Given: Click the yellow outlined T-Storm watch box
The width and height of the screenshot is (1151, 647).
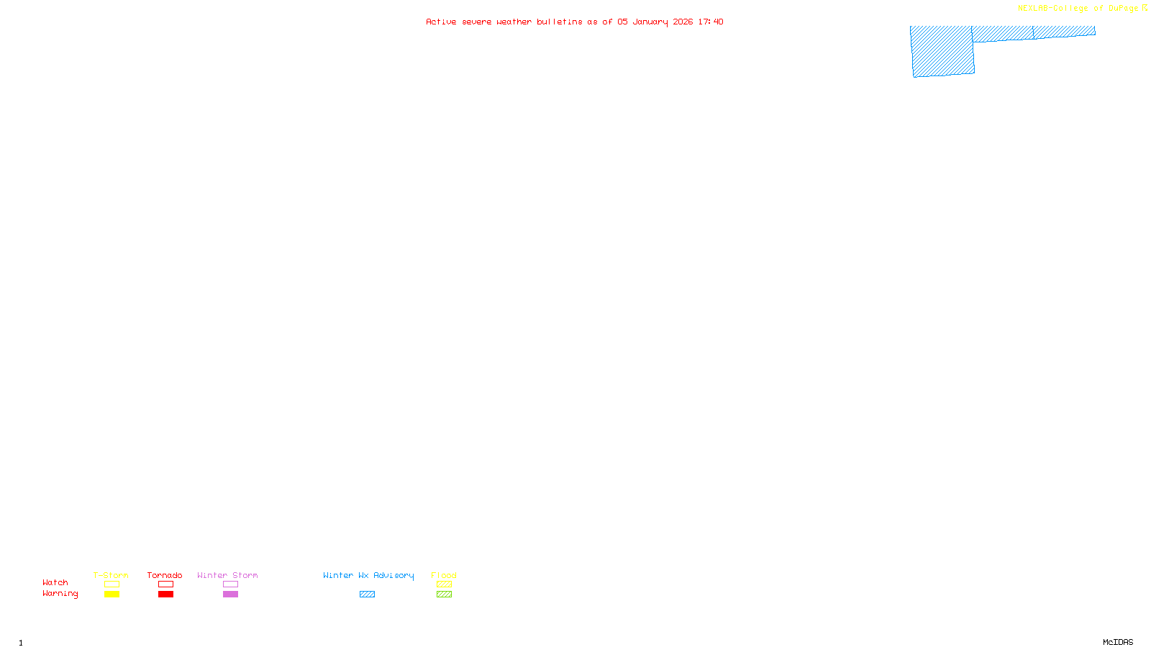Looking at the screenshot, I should click(x=112, y=584).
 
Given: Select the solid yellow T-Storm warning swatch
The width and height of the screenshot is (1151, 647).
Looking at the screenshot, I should click(x=112, y=595).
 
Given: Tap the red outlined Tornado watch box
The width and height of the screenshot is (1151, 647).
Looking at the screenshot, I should click(x=165, y=584).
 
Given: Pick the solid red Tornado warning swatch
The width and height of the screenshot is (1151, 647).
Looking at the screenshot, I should click(x=165, y=595).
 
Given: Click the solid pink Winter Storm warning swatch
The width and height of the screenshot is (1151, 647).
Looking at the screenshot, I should click(x=230, y=595).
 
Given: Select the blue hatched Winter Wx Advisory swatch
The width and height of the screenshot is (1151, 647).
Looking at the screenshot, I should click(x=367, y=595).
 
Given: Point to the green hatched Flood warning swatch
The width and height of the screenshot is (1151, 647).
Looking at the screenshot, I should click(x=444, y=595).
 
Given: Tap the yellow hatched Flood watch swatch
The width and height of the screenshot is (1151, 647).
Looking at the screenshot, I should click(x=444, y=584).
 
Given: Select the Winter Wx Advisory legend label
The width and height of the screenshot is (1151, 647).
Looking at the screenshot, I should click(x=368, y=575).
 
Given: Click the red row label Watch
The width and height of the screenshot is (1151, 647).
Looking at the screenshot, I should click(x=55, y=582).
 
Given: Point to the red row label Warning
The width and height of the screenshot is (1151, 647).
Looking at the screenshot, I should click(x=60, y=594).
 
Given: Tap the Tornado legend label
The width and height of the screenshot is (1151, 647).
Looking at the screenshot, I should click(x=165, y=575).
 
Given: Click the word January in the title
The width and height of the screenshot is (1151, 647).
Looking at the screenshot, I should click(x=650, y=22).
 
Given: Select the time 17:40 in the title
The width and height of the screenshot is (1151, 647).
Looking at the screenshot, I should click(x=711, y=22).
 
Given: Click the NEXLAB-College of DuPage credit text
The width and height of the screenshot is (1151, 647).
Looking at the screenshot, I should click(x=1078, y=8).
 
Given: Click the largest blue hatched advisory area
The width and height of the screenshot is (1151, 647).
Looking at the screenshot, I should click(x=942, y=51).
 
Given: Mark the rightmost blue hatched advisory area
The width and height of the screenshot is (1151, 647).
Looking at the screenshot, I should click(x=1065, y=32).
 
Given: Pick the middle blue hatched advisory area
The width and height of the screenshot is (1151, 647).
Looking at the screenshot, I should click(x=1003, y=34).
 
